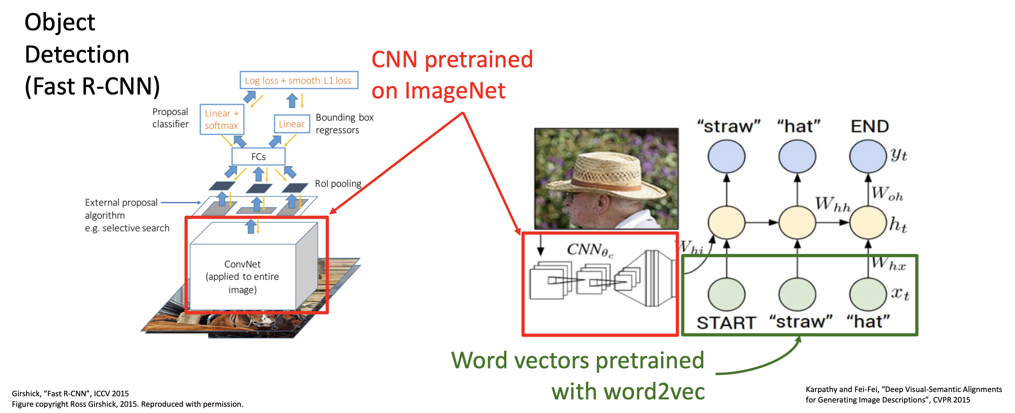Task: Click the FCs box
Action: pyautogui.click(x=258, y=157)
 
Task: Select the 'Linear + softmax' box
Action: pyautogui.click(x=221, y=119)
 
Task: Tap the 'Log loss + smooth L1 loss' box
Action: pyautogui.click(x=298, y=80)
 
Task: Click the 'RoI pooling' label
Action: pyautogui.click(x=338, y=184)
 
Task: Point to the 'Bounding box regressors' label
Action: pyautogui.click(x=344, y=124)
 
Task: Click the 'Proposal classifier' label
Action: pyautogui.click(x=170, y=118)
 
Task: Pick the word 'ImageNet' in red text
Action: pyautogui.click(x=455, y=91)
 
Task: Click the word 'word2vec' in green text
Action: pyautogui.click(x=654, y=392)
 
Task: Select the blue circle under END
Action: pyautogui.click(x=867, y=156)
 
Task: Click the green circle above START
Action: pyautogui.click(x=726, y=294)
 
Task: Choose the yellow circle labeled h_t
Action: pyautogui.click(x=867, y=222)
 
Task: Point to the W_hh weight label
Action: pyautogui.click(x=832, y=204)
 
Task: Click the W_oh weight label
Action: pyautogui.click(x=887, y=194)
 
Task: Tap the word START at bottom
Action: pyautogui.click(x=726, y=323)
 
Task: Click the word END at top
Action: pyautogui.click(x=869, y=126)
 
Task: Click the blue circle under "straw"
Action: pyautogui.click(x=726, y=156)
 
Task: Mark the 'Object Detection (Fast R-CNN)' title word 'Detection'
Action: pyautogui.click(x=77, y=54)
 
